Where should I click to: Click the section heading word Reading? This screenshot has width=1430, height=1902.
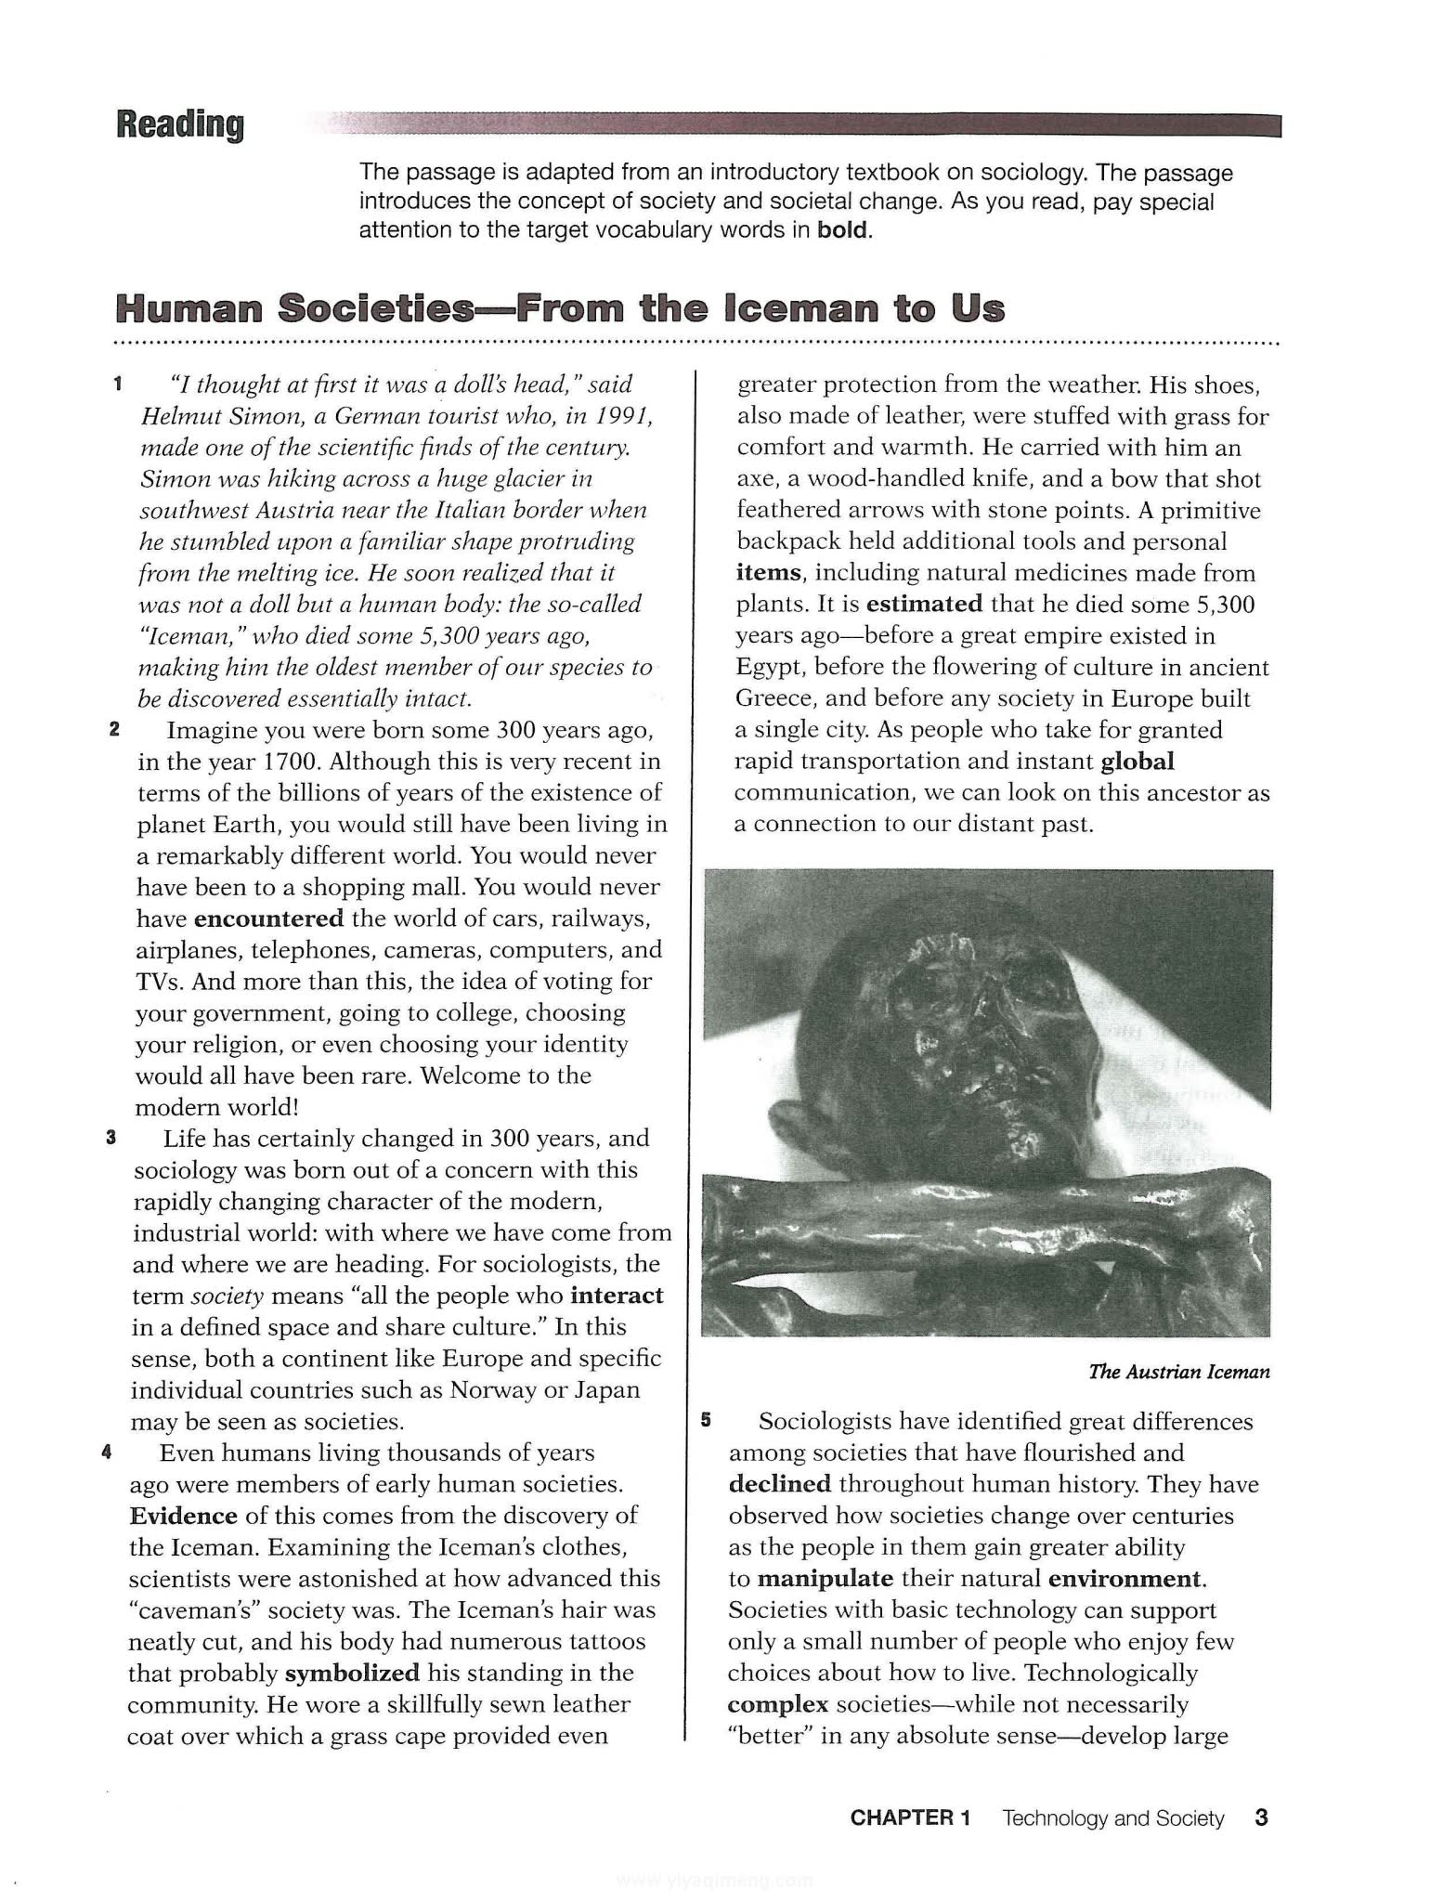tap(180, 124)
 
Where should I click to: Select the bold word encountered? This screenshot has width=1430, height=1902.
tap(268, 918)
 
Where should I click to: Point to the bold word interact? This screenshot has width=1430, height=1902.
tap(617, 1296)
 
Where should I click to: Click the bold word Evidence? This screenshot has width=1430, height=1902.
tap(184, 1516)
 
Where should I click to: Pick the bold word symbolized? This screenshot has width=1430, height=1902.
tap(352, 1673)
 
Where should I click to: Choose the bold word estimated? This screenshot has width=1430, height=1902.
tap(924, 605)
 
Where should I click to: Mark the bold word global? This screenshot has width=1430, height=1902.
tap(1137, 762)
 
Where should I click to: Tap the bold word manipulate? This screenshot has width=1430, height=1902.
tap(825, 1579)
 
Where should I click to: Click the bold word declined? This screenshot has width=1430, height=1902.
tap(780, 1484)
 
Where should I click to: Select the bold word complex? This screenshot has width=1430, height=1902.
tap(778, 1704)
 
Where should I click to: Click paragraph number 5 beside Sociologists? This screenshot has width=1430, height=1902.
tap(706, 1420)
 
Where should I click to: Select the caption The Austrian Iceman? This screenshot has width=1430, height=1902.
tap(1179, 1372)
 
